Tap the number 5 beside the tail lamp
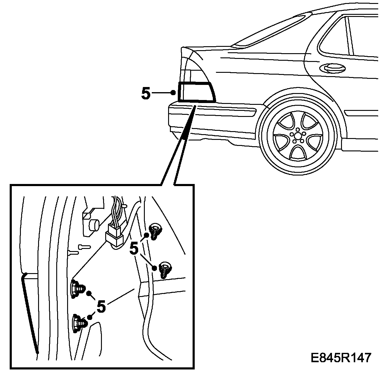pyautogui.click(x=146, y=94)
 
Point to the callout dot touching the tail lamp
pyautogui.click(x=173, y=92)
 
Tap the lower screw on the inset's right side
pyautogui.click(x=164, y=268)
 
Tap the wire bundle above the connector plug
pyautogui.click(x=116, y=211)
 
